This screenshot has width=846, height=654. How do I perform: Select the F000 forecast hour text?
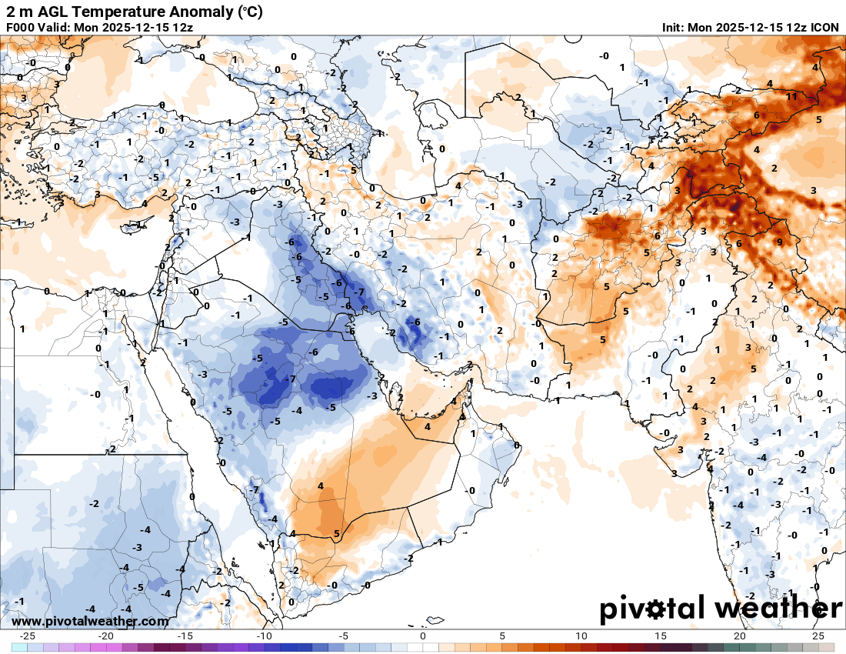coord(22,27)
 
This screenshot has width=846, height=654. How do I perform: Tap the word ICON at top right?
coord(824,27)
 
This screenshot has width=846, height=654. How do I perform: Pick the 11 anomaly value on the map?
coord(791,96)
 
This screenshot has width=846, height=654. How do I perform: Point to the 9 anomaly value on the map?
coord(779,242)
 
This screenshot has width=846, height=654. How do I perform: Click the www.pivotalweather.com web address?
coord(91,621)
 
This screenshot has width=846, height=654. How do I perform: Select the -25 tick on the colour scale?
coord(28,636)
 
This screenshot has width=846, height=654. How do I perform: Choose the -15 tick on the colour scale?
coord(185,636)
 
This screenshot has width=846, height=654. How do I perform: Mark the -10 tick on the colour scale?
coord(265,636)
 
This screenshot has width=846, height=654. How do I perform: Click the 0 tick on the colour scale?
coord(423,636)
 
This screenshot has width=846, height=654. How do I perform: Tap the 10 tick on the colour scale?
coord(581,636)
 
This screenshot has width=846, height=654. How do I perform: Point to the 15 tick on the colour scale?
coord(661,636)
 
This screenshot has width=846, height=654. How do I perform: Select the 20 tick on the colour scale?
coord(740,636)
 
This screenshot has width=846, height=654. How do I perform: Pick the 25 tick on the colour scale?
coord(818,636)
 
